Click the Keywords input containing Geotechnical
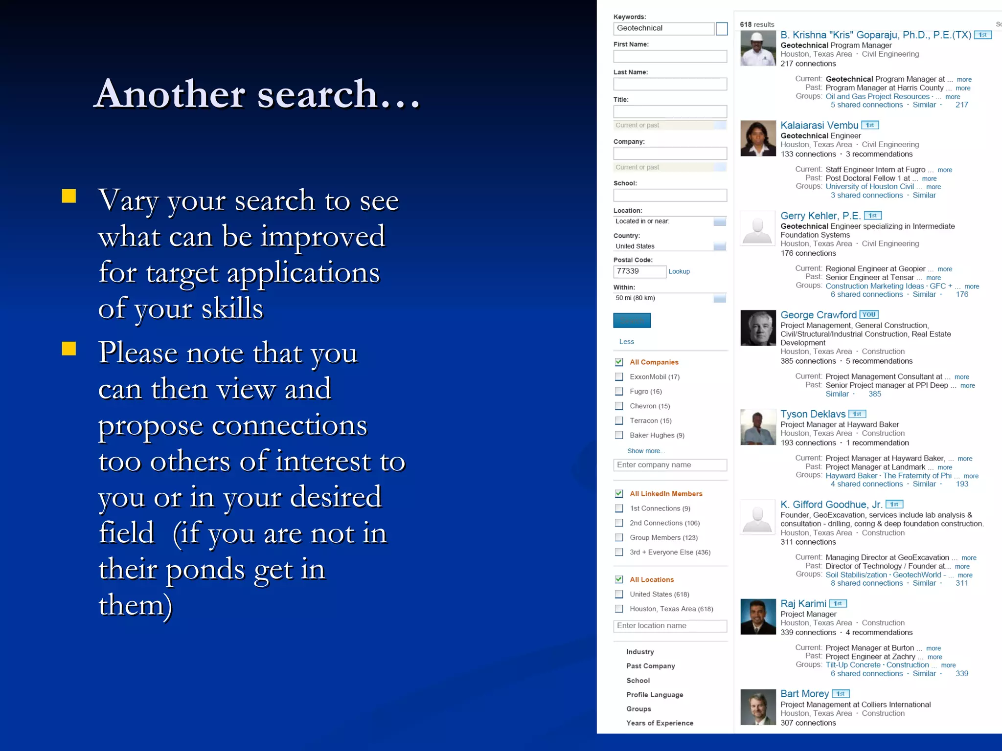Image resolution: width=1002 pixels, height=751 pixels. (x=663, y=28)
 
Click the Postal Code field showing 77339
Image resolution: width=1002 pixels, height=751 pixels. (x=639, y=271)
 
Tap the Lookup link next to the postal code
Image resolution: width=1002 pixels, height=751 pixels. (x=679, y=271)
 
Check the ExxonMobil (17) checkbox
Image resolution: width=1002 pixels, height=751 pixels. (x=619, y=377)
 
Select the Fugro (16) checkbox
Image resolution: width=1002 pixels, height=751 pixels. (x=619, y=392)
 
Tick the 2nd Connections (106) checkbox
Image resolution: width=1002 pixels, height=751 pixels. (x=619, y=523)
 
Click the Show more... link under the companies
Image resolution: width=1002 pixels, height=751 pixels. (x=646, y=451)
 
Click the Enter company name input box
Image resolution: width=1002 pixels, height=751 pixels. (x=670, y=465)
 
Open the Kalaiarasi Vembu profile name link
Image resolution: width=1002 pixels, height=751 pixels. (x=819, y=125)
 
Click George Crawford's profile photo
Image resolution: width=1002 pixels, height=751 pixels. (x=758, y=328)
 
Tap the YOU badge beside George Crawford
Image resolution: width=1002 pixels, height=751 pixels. (x=869, y=315)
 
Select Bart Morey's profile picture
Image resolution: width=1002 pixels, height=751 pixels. (x=758, y=707)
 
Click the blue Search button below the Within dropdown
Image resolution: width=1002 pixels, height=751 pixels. (x=632, y=320)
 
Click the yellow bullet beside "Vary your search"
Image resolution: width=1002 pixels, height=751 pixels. (x=69, y=196)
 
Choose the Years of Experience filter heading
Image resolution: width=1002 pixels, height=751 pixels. (x=660, y=723)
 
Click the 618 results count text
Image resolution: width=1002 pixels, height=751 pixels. (x=757, y=24)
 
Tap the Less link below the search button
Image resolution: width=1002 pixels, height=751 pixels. (x=626, y=342)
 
